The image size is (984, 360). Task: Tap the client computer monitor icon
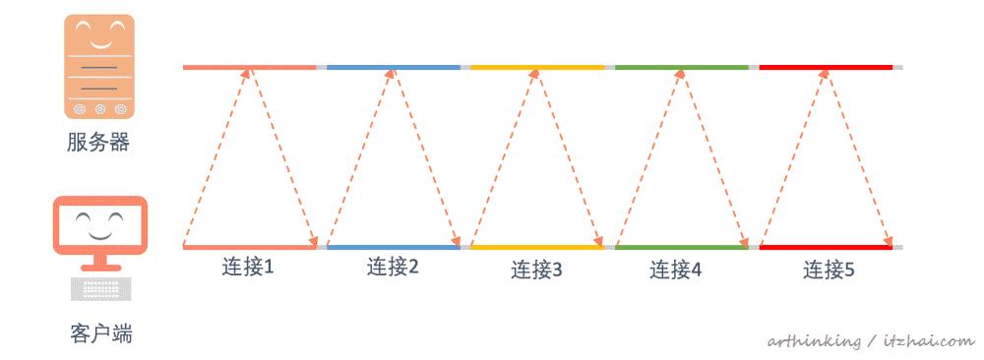coord(100,234)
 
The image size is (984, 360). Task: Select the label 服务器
coord(98,144)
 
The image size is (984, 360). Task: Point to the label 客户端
coord(101,334)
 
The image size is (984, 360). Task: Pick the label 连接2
coord(393,266)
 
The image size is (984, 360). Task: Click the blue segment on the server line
coord(393,67)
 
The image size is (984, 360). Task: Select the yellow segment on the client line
coord(537,247)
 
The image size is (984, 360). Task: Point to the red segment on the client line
coord(826,247)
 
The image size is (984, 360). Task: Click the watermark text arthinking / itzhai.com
coord(870,340)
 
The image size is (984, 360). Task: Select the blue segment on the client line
coord(393,247)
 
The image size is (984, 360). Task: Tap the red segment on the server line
coord(826,67)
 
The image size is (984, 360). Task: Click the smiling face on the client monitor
coord(100,224)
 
